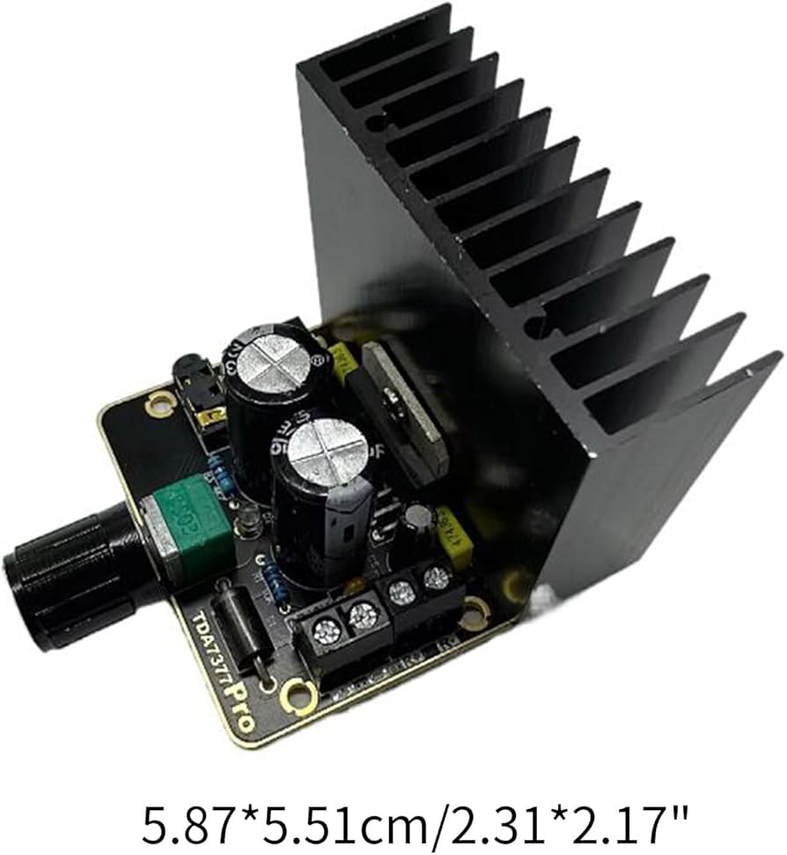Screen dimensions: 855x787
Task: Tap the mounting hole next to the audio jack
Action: pyautogui.click(x=160, y=403)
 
